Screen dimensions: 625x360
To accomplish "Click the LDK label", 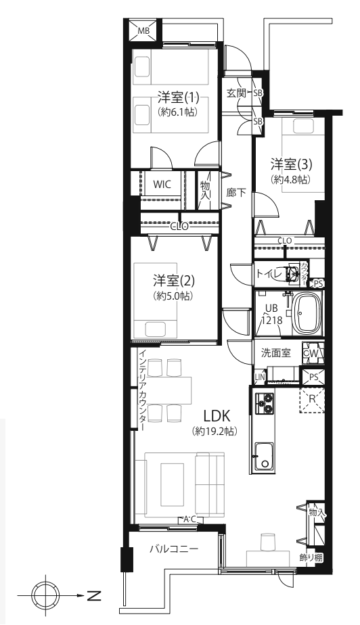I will click(215, 415).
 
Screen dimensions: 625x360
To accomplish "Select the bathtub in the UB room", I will click(306, 313).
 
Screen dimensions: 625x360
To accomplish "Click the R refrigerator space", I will click(312, 398).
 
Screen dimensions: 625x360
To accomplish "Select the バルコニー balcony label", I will click(174, 549).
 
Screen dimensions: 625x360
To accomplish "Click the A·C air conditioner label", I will click(191, 519).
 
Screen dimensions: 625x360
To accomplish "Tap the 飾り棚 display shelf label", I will click(311, 558).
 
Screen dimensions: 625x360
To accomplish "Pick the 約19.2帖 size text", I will click(215, 431).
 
